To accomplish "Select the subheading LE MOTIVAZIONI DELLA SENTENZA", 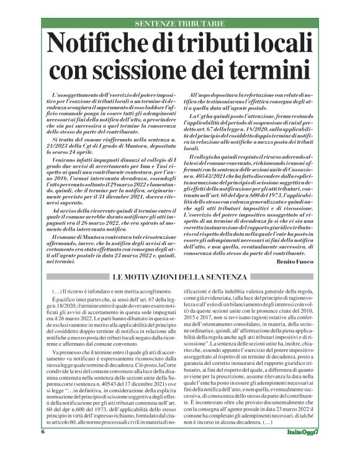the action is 179,277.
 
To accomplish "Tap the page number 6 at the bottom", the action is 43,449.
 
